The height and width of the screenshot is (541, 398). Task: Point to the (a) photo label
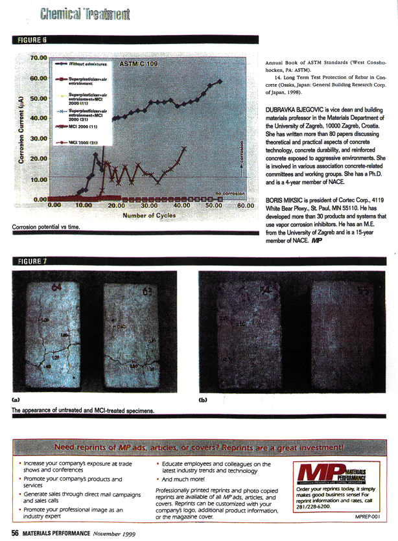16,400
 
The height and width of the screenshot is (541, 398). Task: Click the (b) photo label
202,400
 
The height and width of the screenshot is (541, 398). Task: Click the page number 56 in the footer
14,533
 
